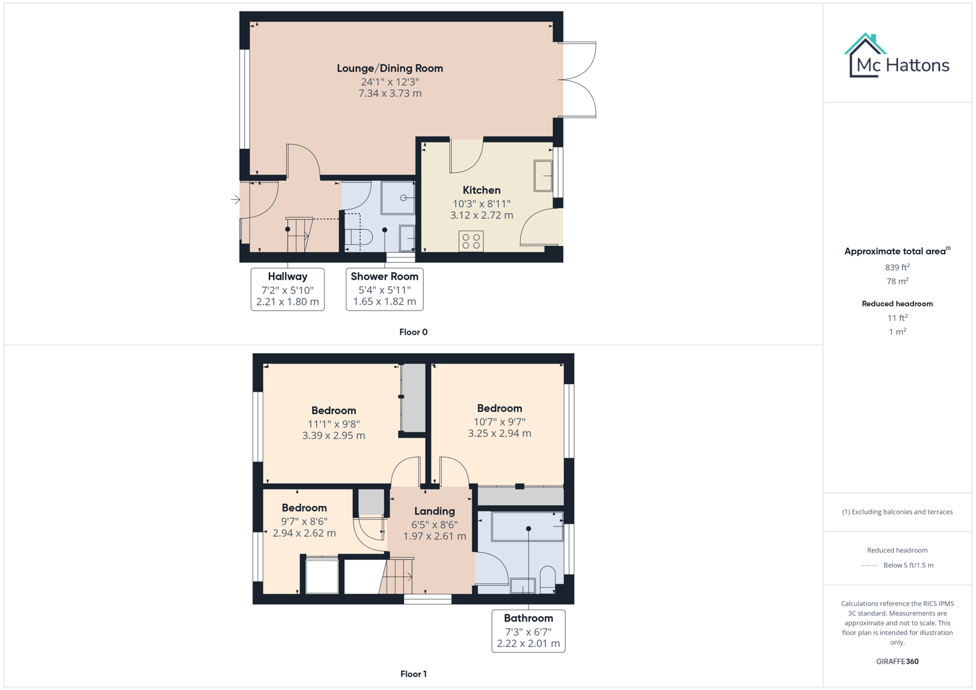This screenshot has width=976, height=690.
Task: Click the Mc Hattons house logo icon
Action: pyautogui.click(x=865, y=56)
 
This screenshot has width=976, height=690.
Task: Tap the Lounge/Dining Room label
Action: pyautogui.click(x=389, y=68)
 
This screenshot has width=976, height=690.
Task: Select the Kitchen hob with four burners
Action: pyautogui.click(x=471, y=241)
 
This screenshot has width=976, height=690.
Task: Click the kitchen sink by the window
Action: pyautogui.click(x=543, y=176)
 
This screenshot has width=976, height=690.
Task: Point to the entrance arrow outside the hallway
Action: pyautogui.click(x=235, y=199)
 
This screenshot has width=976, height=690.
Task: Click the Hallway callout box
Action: pyautogui.click(x=287, y=289)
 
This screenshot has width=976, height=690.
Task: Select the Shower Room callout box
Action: pyautogui.click(x=384, y=289)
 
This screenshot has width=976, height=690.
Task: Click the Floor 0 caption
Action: pyautogui.click(x=413, y=332)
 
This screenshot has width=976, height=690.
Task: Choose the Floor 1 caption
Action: pyautogui.click(x=413, y=674)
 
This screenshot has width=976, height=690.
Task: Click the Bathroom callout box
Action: pyautogui.click(x=528, y=631)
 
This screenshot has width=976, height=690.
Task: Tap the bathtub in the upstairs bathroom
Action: pyautogui.click(x=527, y=527)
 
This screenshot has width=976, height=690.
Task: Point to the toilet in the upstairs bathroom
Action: pyautogui.click(x=548, y=579)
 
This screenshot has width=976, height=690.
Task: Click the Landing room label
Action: pyautogui.click(x=434, y=511)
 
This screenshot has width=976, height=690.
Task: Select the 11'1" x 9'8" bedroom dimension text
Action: pyautogui.click(x=334, y=424)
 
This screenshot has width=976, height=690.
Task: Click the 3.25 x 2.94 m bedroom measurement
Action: pyautogui.click(x=499, y=433)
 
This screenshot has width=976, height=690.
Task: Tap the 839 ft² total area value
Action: pyautogui.click(x=897, y=268)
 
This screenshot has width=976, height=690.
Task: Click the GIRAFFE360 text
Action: pyautogui.click(x=897, y=661)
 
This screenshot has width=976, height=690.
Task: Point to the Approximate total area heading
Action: pyautogui.click(x=897, y=251)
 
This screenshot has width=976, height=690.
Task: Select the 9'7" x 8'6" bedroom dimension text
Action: pyautogui.click(x=304, y=521)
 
